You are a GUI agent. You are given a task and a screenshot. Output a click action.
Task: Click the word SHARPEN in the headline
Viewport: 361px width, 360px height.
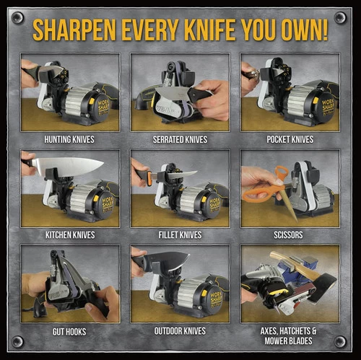pos(74,30)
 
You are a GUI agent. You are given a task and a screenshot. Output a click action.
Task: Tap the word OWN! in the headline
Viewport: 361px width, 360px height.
pos(305,30)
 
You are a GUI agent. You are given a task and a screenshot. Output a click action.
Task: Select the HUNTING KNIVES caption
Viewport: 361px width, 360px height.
pos(69,139)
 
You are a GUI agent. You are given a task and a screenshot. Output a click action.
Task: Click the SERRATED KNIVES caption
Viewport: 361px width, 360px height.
pos(180,139)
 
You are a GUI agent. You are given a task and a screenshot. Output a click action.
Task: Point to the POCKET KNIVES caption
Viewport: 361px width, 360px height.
pos(290,139)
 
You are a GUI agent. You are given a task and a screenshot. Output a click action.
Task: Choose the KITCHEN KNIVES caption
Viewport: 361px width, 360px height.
pos(70,235)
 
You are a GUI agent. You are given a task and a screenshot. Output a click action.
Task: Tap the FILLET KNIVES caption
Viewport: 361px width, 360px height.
pos(180,235)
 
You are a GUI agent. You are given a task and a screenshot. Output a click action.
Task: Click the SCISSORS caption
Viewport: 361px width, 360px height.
pos(288,235)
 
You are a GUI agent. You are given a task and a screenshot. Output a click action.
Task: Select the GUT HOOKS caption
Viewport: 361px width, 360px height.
pos(69,332)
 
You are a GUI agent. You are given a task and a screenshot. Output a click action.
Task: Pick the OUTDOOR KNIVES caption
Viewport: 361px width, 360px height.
pos(180,331)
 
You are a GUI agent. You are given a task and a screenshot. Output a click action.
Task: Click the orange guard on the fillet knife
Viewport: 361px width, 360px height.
pos(149,178)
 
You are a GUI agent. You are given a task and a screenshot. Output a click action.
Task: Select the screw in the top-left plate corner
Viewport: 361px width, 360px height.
pos(17,17)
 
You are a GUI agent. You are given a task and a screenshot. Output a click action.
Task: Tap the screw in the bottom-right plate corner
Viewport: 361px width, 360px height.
pos(340,341)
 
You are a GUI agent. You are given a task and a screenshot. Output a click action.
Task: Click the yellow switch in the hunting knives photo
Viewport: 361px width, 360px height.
pos(92,101)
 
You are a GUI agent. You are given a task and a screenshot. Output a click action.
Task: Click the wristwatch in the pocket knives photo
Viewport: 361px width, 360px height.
pos(253,74)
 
